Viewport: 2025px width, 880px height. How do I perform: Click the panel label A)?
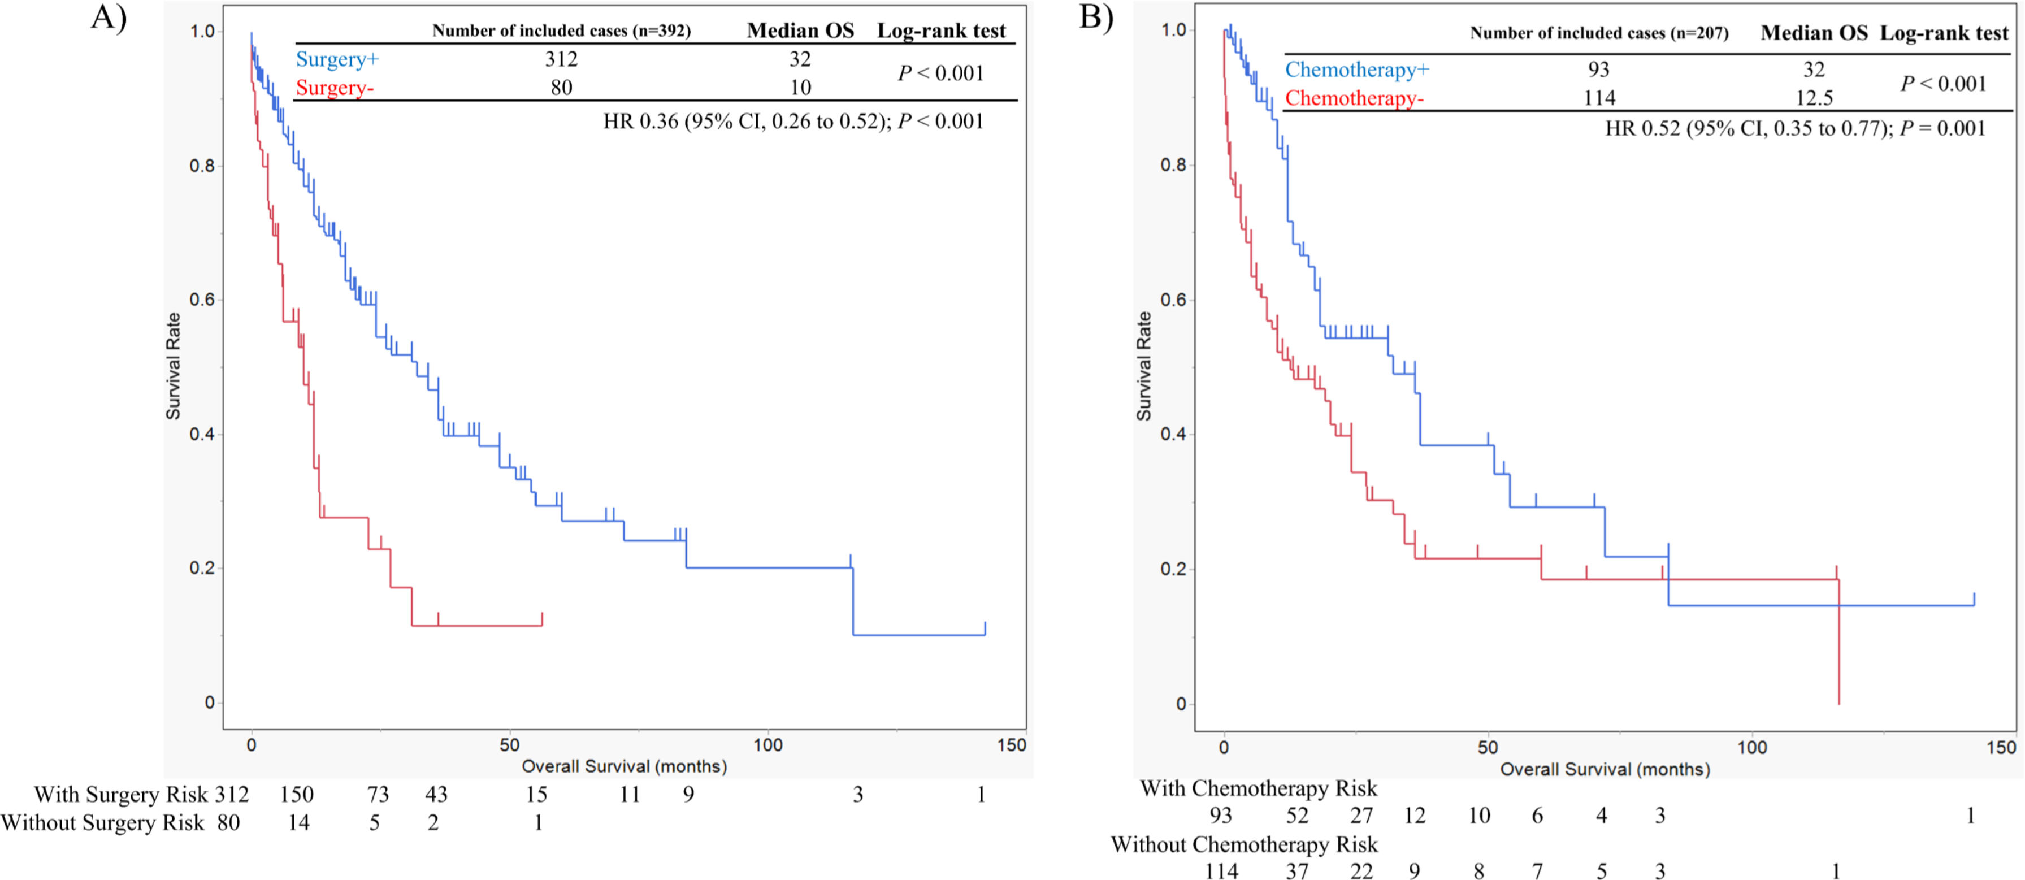click(109, 18)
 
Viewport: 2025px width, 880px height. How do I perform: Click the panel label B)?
click(1096, 18)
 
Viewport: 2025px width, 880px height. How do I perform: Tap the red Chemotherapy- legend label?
click(1354, 98)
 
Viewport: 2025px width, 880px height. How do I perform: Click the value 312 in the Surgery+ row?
click(561, 59)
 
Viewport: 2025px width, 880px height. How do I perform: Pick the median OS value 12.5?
click(1814, 98)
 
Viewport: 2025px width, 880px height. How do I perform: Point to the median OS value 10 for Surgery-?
click(800, 87)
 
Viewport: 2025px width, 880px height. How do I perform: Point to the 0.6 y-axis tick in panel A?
click(201, 300)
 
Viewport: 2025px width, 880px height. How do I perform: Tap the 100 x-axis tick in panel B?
click(1751, 747)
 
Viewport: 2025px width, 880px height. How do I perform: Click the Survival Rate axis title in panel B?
click(1144, 366)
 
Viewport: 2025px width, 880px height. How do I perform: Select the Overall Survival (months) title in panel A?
click(624, 766)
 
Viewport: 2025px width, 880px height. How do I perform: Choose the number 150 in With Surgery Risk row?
click(296, 794)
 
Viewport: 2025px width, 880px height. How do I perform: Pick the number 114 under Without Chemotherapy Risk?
click(1221, 870)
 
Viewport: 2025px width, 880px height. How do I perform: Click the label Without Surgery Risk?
click(102, 822)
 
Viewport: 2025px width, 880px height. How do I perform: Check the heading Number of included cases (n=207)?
click(1599, 33)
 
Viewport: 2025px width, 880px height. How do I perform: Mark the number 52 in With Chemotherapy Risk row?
click(1297, 816)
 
